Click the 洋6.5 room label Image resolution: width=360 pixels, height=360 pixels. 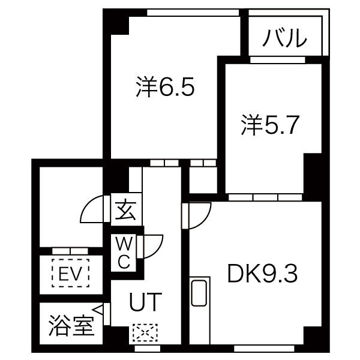tap(166, 86)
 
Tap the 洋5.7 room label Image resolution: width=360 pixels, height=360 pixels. tap(270, 125)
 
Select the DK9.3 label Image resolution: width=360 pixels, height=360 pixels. tap(262, 274)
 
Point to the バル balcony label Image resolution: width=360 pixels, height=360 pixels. tap(284, 38)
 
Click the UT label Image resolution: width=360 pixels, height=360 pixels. tap(146, 302)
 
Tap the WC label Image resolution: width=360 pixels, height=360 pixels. tap(124, 253)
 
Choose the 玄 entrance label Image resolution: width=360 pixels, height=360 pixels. tap(125, 210)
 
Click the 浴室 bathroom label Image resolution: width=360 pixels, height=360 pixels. tap(71, 325)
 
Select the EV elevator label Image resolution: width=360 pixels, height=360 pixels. tap(70, 273)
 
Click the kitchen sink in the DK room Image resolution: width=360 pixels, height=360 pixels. tap(199, 293)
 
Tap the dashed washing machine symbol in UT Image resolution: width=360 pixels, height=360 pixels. tap(145, 332)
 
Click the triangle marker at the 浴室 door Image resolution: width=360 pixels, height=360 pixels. tap(98, 310)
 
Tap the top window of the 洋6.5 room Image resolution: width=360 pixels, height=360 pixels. tap(193, 13)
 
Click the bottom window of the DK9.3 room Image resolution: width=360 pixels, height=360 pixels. tap(264, 348)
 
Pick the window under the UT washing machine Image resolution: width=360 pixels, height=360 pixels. tap(147, 348)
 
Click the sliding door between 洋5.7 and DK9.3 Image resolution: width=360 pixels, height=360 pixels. tap(265, 197)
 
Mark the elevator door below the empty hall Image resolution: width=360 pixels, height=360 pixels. tap(70, 251)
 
